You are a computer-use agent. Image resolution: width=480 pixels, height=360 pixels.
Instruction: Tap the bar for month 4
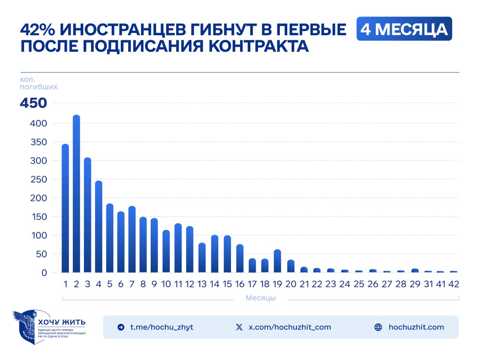99,226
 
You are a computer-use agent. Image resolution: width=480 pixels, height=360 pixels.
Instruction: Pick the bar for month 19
277,261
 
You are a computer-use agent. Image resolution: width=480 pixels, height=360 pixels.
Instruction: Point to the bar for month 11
178,248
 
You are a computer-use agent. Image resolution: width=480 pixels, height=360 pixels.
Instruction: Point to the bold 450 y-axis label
33,103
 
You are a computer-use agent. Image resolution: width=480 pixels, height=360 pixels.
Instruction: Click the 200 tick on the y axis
39,198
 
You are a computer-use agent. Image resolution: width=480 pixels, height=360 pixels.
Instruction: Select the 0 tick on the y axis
44,273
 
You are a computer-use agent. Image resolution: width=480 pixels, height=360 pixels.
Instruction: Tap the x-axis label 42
454,284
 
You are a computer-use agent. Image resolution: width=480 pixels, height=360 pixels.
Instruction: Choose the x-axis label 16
240,284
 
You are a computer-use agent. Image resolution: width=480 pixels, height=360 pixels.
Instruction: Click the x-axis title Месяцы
261,298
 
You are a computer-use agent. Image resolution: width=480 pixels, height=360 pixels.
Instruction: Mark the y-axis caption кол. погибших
38,83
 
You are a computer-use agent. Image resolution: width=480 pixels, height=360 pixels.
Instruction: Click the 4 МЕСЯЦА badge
404,29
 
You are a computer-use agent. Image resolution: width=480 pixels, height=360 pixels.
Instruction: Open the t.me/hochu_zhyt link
162,327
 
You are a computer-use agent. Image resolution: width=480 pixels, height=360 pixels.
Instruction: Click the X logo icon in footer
239,327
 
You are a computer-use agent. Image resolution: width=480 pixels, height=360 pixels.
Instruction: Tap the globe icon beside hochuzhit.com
378,327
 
